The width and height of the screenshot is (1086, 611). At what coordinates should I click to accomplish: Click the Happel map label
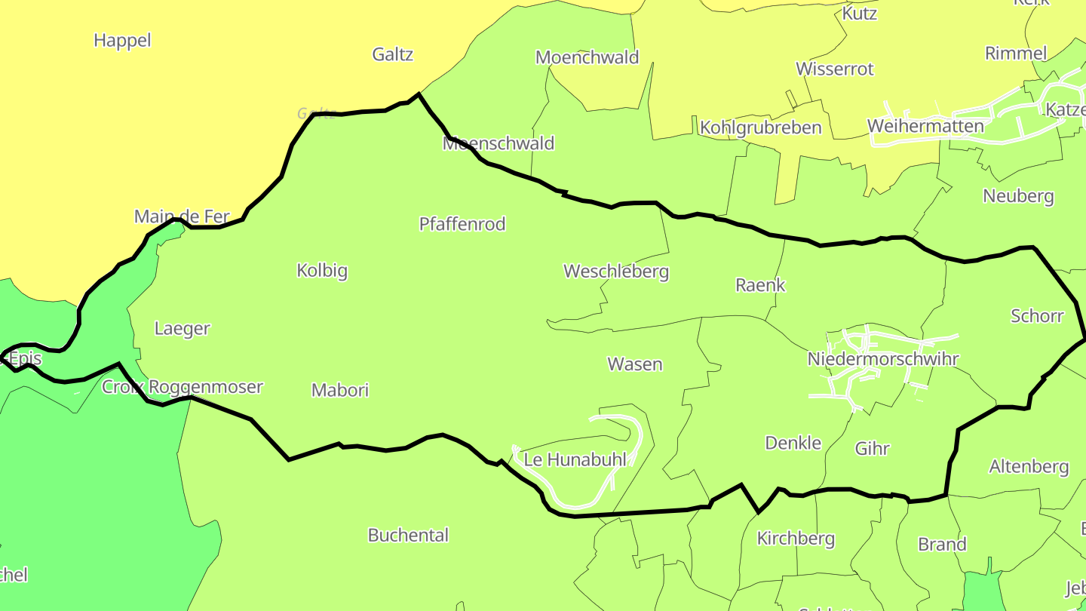click(x=122, y=41)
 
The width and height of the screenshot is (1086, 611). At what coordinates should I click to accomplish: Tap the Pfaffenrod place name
click(x=462, y=224)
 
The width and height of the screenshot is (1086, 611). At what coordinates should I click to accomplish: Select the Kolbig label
click(x=322, y=270)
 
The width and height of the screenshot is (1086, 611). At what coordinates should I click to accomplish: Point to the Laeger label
click(x=182, y=329)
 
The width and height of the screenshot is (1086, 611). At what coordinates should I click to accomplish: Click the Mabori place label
click(x=340, y=390)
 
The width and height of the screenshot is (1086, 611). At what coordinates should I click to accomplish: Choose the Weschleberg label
click(x=616, y=272)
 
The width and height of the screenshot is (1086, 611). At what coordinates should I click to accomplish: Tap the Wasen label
click(x=635, y=364)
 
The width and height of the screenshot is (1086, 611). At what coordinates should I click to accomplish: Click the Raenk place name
click(x=760, y=285)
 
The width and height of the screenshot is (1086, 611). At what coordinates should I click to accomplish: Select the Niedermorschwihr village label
click(x=882, y=359)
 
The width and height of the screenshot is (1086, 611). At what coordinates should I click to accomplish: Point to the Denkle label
click(x=793, y=443)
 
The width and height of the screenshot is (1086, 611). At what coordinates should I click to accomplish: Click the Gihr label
click(x=872, y=449)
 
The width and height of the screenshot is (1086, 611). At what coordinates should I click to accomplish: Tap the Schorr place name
click(x=1037, y=316)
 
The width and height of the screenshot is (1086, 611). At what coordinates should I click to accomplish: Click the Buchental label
click(x=408, y=536)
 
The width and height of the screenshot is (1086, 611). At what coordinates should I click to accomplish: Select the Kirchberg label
click(x=796, y=539)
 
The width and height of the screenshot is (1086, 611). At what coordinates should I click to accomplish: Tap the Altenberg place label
click(x=1029, y=467)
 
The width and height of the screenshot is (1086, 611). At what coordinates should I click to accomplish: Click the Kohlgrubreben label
click(x=760, y=127)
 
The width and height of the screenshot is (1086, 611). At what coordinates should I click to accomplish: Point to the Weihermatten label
click(x=925, y=126)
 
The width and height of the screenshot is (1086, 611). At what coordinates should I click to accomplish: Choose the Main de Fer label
click(x=181, y=217)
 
